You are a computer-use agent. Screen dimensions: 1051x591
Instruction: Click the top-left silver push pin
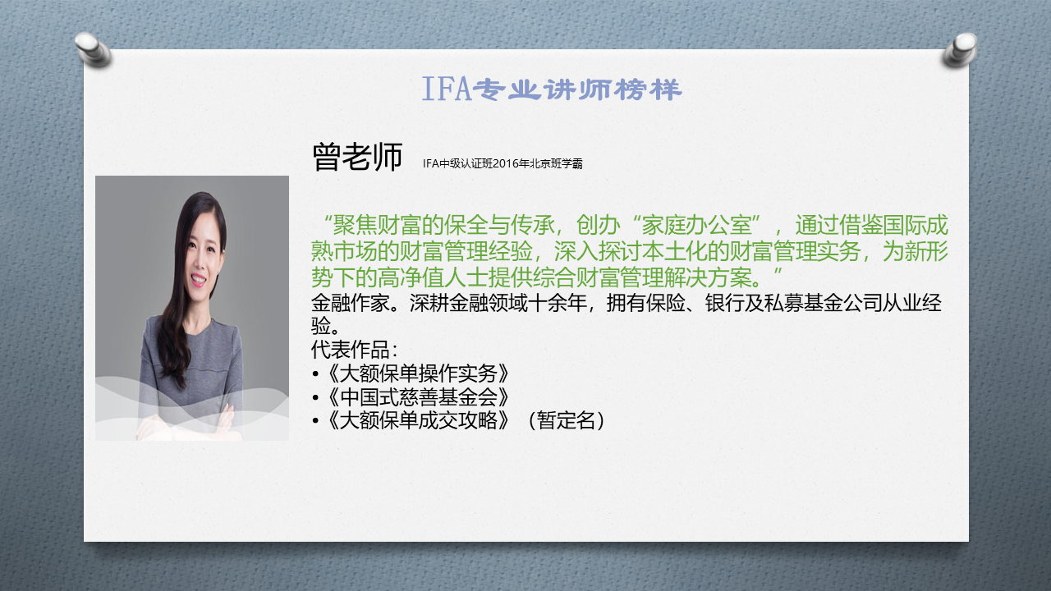[94, 48]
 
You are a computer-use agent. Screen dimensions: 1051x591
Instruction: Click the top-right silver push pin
[960, 49]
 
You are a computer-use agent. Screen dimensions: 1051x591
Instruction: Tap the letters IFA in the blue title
[446, 89]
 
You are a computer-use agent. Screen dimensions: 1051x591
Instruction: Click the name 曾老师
[357, 157]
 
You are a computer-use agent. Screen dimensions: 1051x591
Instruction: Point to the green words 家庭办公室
[696, 226]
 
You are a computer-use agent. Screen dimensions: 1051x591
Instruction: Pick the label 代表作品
[350, 350]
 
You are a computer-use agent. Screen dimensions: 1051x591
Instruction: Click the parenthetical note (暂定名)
[567, 420]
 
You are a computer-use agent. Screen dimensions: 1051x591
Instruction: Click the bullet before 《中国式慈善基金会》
[315, 398]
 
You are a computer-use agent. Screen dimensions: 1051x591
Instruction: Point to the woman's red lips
[198, 279]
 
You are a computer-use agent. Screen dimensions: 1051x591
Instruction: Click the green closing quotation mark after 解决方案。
[778, 272]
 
